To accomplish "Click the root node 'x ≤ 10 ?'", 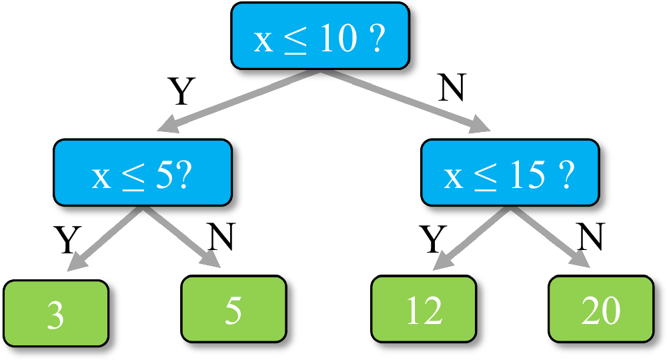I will [319, 36].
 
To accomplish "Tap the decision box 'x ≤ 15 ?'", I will [510, 173].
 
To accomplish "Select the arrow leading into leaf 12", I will [473, 237].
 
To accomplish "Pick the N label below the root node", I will [452, 88].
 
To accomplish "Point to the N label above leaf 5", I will [221, 237].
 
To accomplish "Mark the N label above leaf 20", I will [590, 236].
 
